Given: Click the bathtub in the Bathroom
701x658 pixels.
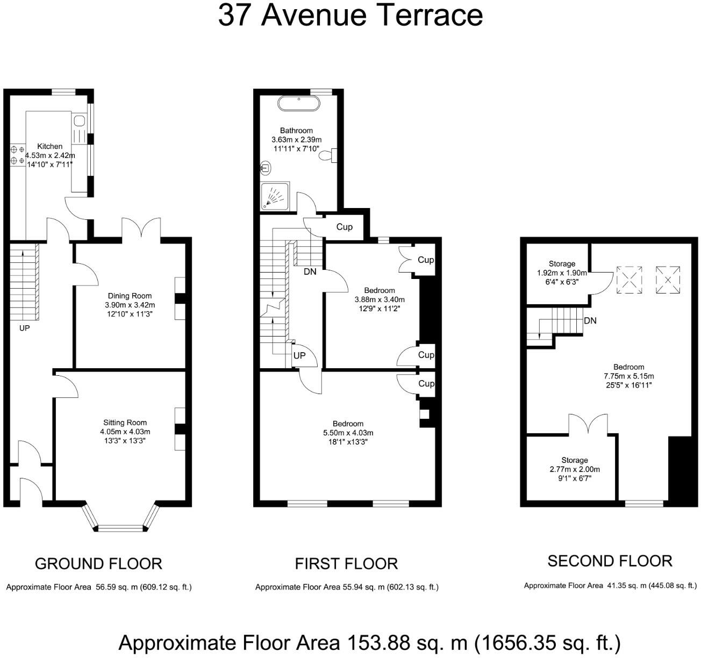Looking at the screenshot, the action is click(x=298, y=104).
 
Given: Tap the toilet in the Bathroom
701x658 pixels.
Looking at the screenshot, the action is click(x=327, y=155).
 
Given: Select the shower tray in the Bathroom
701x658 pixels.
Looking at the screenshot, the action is click(x=275, y=196).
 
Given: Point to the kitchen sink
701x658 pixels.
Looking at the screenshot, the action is click(x=80, y=120).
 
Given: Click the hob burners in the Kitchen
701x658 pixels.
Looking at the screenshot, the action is click(x=18, y=155).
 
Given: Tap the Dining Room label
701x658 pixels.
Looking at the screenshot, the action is click(x=130, y=296).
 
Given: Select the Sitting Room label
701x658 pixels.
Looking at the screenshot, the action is click(x=125, y=422).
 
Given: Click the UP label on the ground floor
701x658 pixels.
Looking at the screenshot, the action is click(x=24, y=328).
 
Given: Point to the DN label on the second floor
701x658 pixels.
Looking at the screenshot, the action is click(x=590, y=320).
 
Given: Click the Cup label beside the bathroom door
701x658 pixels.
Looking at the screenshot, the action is click(x=344, y=227).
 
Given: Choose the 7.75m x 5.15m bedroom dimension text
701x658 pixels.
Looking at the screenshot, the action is click(x=628, y=376).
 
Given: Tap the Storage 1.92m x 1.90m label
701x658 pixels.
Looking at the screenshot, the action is click(x=562, y=273).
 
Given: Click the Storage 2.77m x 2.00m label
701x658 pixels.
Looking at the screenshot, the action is click(x=575, y=469).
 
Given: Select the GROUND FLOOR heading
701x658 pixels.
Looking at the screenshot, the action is click(x=98, y=564).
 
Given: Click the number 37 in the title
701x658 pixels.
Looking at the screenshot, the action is click(x=236, y=16).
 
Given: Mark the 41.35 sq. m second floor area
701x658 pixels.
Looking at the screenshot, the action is click(x=626, y=585).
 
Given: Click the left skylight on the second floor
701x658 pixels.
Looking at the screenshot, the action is click(x=629, y=280).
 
